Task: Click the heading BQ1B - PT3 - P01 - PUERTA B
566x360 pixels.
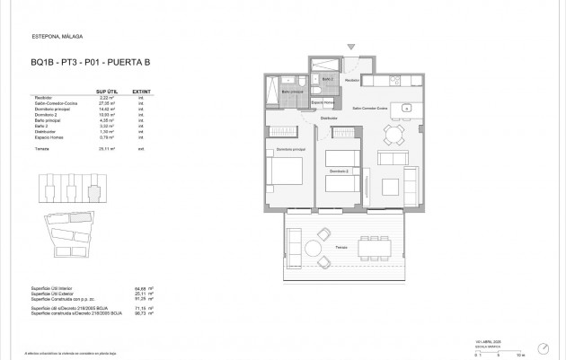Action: click(x=79, y=62)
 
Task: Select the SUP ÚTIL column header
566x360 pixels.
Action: click(x=106, y=91)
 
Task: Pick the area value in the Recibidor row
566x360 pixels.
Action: click(x=104, y=98)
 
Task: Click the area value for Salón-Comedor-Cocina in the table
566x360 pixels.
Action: click(x=104, y=104)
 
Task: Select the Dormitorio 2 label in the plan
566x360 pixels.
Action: click(x=338, y=170)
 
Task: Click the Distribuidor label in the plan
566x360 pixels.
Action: click(x=330, y=118)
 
